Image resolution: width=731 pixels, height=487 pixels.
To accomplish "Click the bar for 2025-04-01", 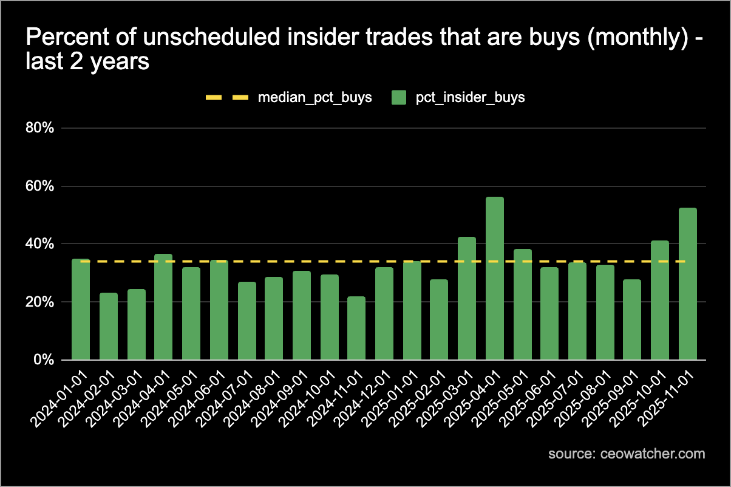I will click(x=495, y=279).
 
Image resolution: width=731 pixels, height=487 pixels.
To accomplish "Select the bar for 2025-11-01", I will click(x=688, y=284).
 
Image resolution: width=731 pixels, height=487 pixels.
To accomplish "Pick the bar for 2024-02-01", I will click(x=109, y=327).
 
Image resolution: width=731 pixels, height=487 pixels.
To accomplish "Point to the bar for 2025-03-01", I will click(x=467, y=299).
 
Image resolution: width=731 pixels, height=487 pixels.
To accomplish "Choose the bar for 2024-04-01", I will click(x=163, y=307).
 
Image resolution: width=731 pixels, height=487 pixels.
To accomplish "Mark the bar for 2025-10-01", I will click(x=660, y=301).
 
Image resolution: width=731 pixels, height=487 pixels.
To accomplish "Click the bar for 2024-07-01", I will click(x=246, y=321).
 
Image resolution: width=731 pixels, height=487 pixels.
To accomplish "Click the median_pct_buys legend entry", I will click(x=314, y=98).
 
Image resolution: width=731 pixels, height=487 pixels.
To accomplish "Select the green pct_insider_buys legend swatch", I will click(x=399, y=98).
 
